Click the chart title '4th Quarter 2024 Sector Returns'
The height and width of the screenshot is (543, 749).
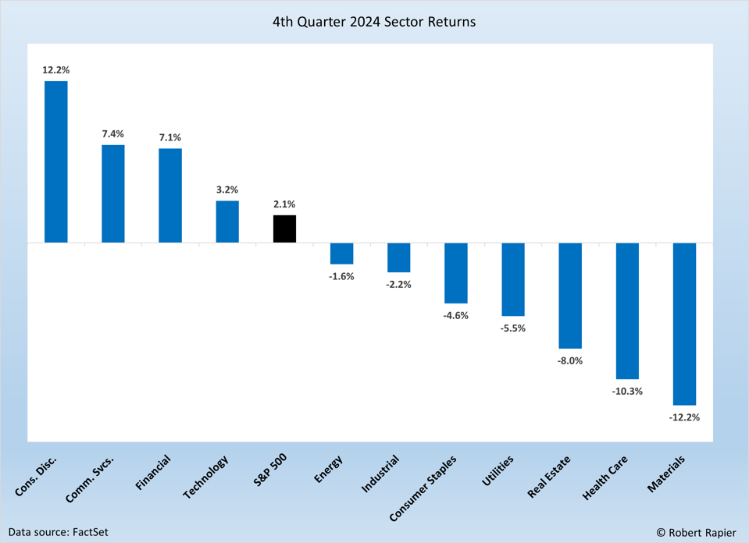tap(374, 22)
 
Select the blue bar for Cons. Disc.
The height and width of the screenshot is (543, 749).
tap(56, 161)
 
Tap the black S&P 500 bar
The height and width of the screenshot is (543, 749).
tap(284, 229)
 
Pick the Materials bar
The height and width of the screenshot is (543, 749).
tap(684, 324)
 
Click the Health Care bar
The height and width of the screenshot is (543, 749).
tap(627, 311)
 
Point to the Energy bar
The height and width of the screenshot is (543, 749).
tap(341, 254)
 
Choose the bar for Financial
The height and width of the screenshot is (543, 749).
tap(170, 195)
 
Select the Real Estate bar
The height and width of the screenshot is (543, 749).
tap(570, 295)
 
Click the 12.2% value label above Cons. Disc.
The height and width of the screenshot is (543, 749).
tap(56, 70)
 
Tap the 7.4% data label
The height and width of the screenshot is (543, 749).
tap(113, 134)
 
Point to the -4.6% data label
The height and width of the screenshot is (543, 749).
tap(456, 315)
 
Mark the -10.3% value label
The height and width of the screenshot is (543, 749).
tap(627, 391)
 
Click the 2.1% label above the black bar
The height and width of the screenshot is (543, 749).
tap(284, 204)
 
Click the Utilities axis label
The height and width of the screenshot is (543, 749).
tap(498, 470)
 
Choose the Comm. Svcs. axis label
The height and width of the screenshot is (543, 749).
tap(90, 477)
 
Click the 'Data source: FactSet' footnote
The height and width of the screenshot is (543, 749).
tap(59, 532)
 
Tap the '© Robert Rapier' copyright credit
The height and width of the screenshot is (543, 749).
tap(696, 532)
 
